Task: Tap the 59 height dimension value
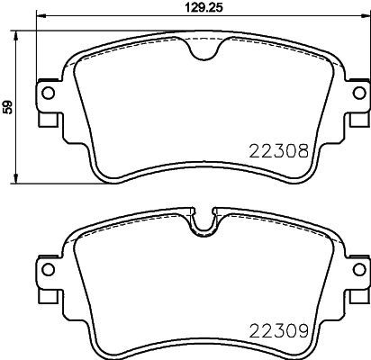(7, 107)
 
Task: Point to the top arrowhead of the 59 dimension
(21, 35)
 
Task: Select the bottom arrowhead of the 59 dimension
(21, 179)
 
